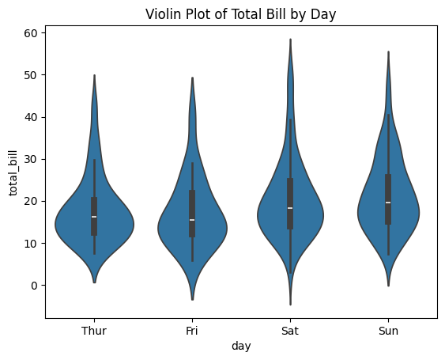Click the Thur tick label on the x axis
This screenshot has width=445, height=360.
(94, 332)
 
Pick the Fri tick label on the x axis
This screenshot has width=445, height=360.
(192, 332)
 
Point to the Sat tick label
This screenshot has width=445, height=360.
(290, 332)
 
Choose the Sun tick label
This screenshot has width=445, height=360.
(388, 332)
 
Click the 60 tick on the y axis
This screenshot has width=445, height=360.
(29, 32)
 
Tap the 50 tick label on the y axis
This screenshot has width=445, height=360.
(29, 74)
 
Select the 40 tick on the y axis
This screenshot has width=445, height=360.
(29, 117)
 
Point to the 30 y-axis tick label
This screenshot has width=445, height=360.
(29, 159)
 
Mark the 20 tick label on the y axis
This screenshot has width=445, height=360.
(29, 201)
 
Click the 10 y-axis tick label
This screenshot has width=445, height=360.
(29, 243)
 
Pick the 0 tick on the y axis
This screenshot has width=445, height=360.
(32, 286)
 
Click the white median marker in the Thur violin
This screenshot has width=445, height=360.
(94, 217)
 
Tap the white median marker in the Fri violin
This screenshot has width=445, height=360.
(192, 220)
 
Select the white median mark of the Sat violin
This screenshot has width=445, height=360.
(290, 208)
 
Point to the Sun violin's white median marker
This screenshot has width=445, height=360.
(388, 203)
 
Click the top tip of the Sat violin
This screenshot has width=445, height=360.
(290, 39)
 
